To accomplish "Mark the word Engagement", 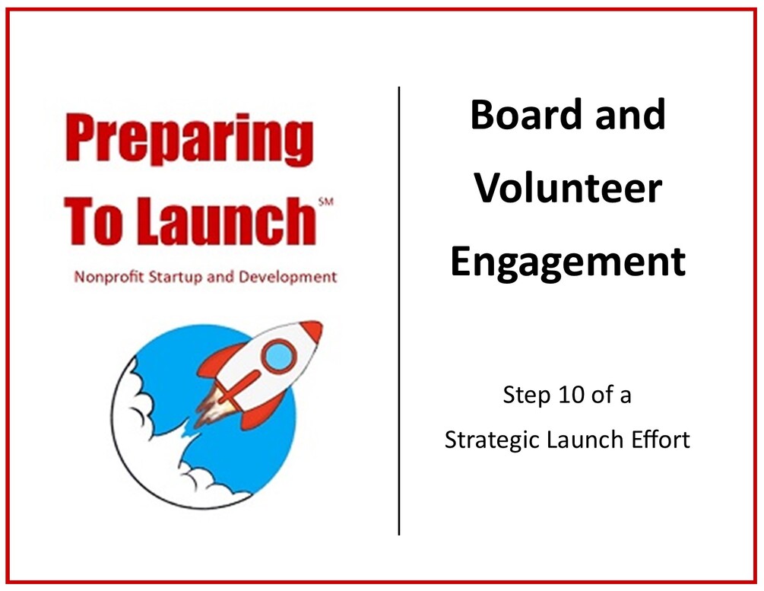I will point(568,261).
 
